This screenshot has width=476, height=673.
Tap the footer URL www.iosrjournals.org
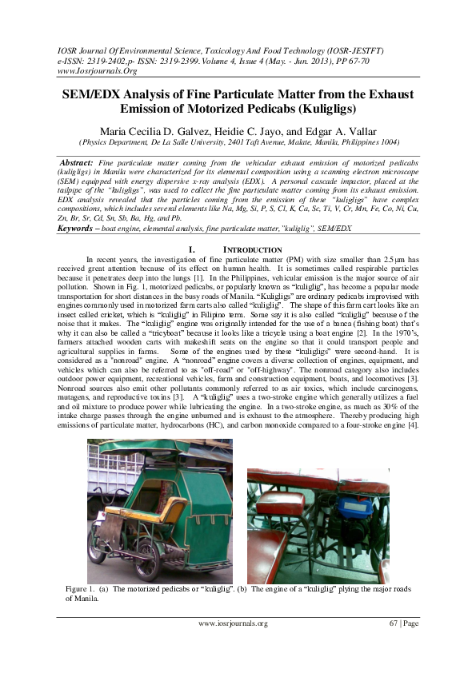[x=232, y=623]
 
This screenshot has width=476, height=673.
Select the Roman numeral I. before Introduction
[x=192, y=249]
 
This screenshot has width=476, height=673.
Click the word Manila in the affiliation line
[x=310, y=143]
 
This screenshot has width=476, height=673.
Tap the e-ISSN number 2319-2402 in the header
[x=120, y=60]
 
